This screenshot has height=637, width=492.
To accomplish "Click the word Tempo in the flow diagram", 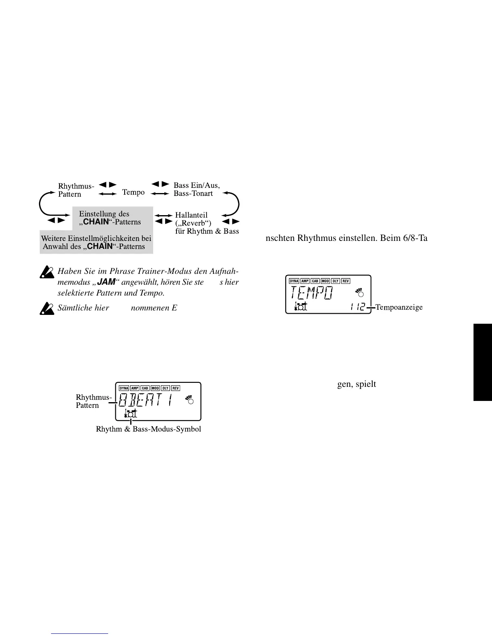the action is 133,192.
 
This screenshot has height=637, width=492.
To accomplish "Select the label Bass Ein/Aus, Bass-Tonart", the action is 197,189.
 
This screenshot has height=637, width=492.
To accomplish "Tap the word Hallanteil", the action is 191,215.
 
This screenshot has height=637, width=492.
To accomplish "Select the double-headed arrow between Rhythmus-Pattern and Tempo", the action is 107,194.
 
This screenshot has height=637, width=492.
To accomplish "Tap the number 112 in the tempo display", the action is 358,307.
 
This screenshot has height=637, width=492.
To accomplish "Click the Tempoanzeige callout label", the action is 399,307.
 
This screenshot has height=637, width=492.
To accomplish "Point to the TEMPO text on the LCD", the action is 312,293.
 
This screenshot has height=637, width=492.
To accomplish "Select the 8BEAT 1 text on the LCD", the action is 147,400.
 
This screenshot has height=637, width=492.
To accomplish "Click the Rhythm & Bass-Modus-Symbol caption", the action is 148,429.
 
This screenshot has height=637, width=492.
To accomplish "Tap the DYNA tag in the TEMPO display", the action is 294,281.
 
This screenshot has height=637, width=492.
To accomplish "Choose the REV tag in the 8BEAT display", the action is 175,388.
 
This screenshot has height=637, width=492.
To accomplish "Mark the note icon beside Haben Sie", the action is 47,273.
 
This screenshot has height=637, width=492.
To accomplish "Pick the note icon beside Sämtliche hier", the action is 47,308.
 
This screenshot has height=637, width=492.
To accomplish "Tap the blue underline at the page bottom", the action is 80,633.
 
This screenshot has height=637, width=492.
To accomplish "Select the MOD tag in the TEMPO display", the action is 325,281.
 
